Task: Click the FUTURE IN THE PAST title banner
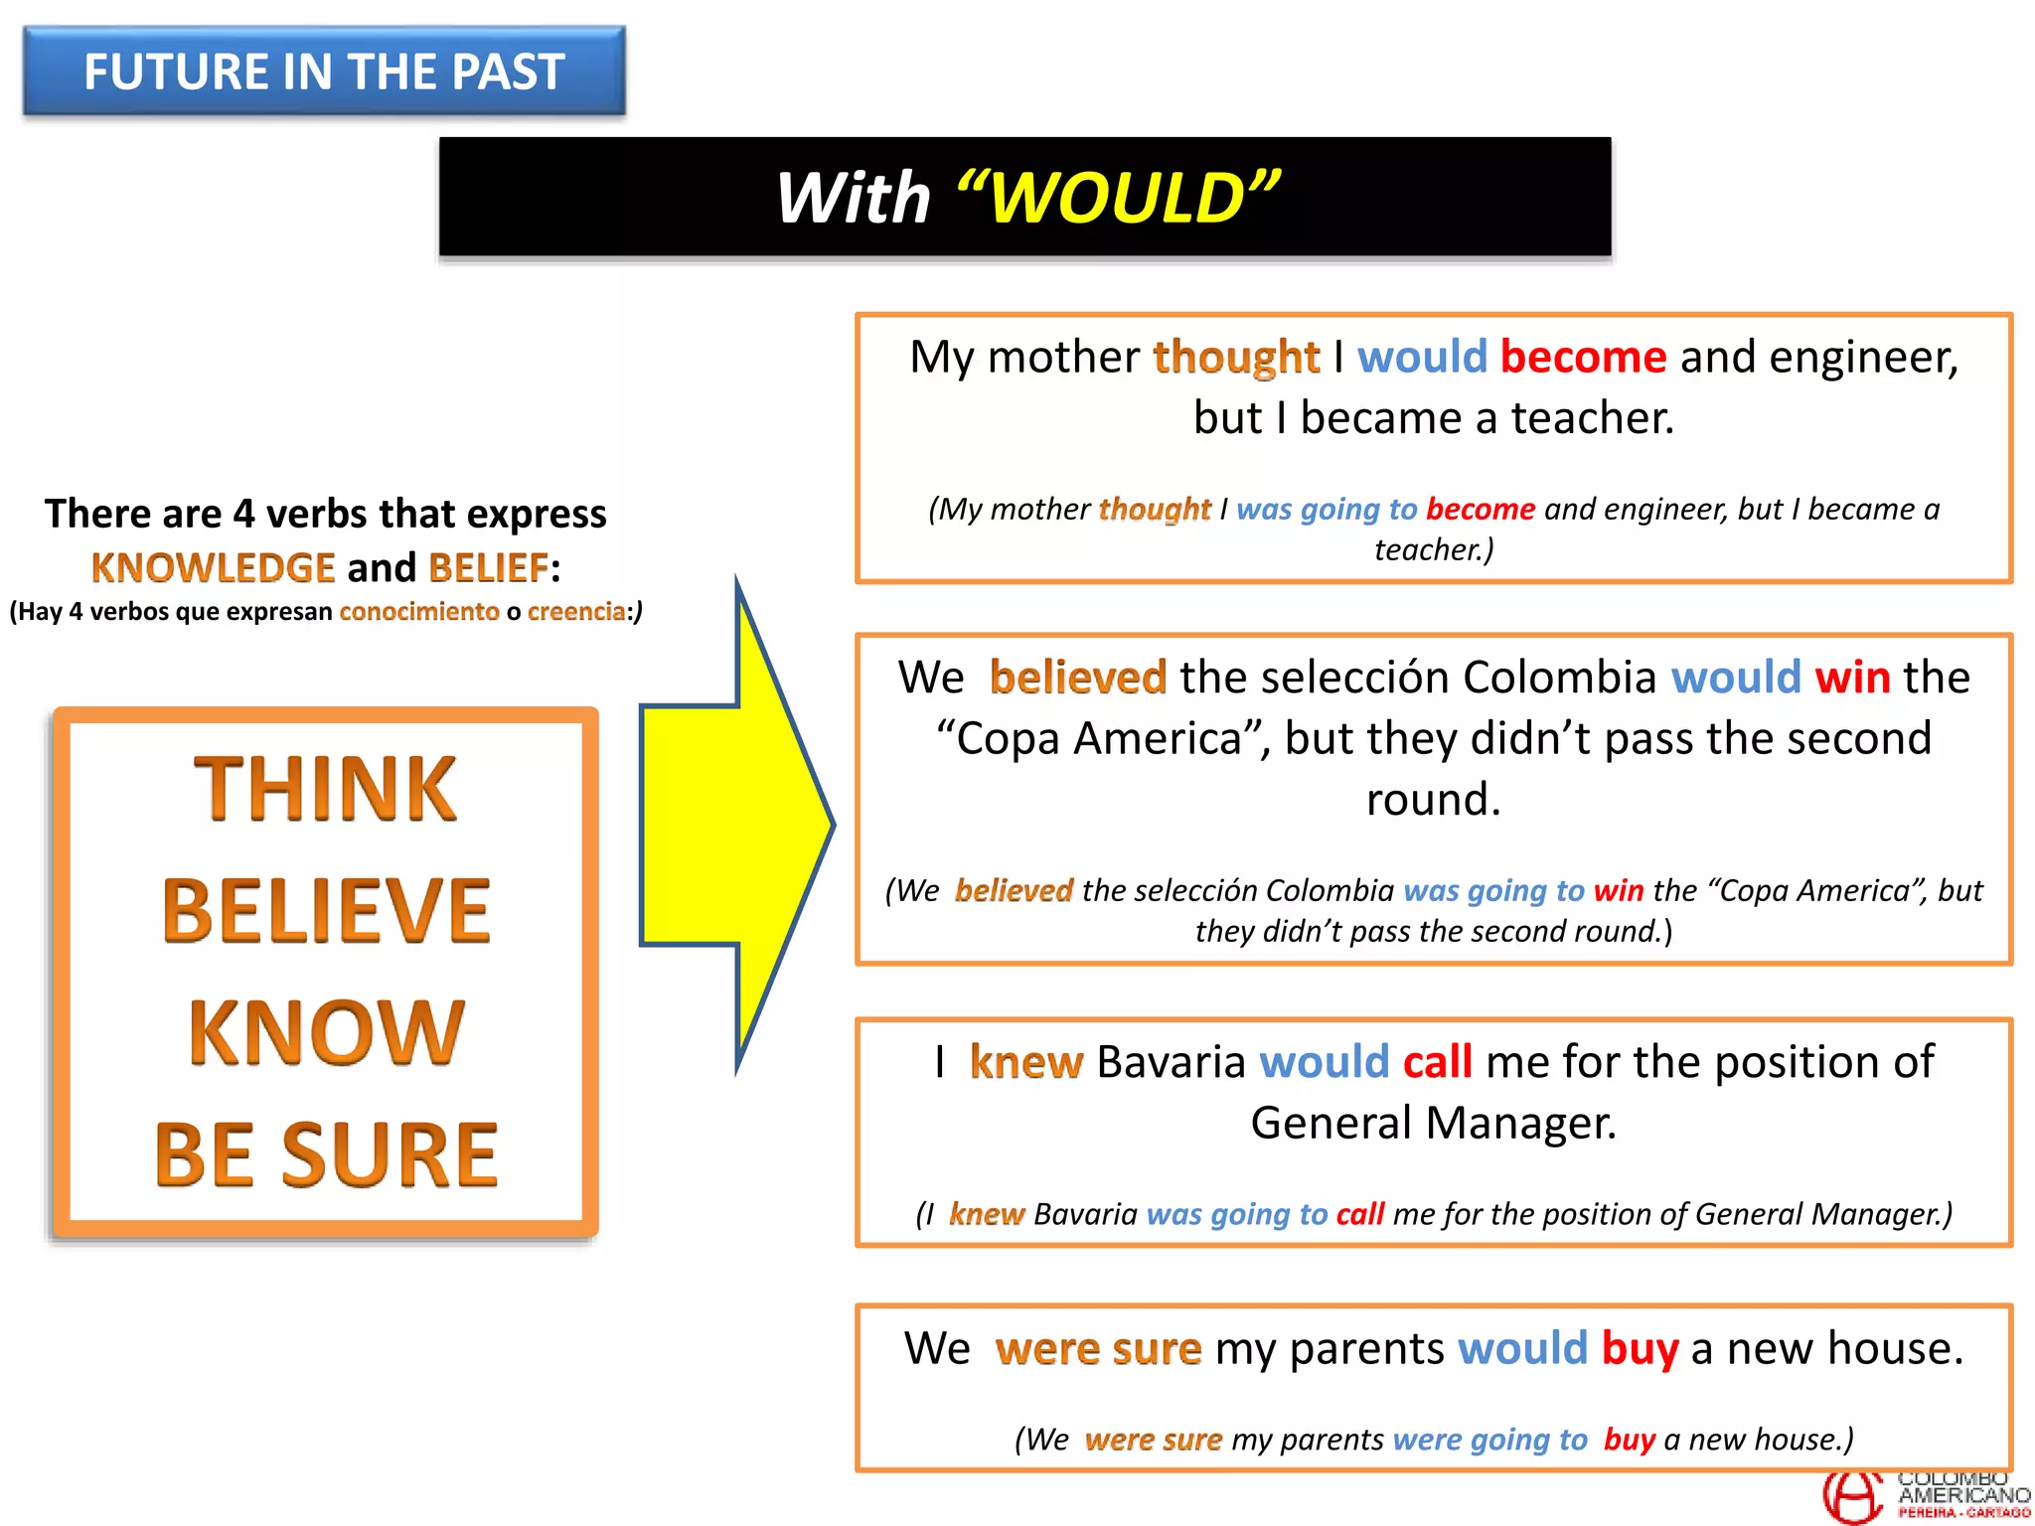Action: point(324,72)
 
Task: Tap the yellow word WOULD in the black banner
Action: point(1117,198)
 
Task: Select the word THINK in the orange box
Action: point(325,789)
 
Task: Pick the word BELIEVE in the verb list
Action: point(326,911)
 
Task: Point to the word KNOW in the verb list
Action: point(326,1033)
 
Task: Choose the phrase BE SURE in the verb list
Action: point(326,1154)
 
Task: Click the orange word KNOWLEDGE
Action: point(213,568)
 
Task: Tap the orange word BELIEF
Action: point(488,568)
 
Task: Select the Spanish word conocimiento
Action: point(418,611)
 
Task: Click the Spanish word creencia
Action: point(576,611)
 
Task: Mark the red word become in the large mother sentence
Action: point(1583,357)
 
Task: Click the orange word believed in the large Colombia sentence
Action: point(1077,678)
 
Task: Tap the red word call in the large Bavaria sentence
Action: point(1437,1062)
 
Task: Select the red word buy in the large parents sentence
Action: point(1640,1349)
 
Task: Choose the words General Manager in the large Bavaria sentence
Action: point(1433,1124)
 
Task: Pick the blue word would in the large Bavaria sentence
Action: point(1324,1062)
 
